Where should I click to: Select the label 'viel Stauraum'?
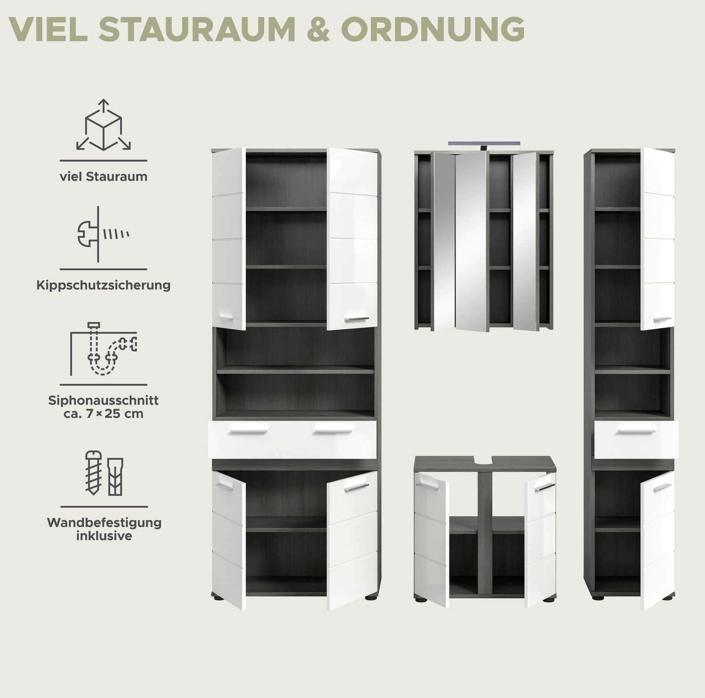click(104, 177)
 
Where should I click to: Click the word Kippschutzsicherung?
click(104, 285)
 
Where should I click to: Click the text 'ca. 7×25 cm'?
click(104, 414)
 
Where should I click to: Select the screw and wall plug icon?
click(103, 473)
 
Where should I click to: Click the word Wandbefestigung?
click(104, 524)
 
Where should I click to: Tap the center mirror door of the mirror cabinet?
click(471, 241)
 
